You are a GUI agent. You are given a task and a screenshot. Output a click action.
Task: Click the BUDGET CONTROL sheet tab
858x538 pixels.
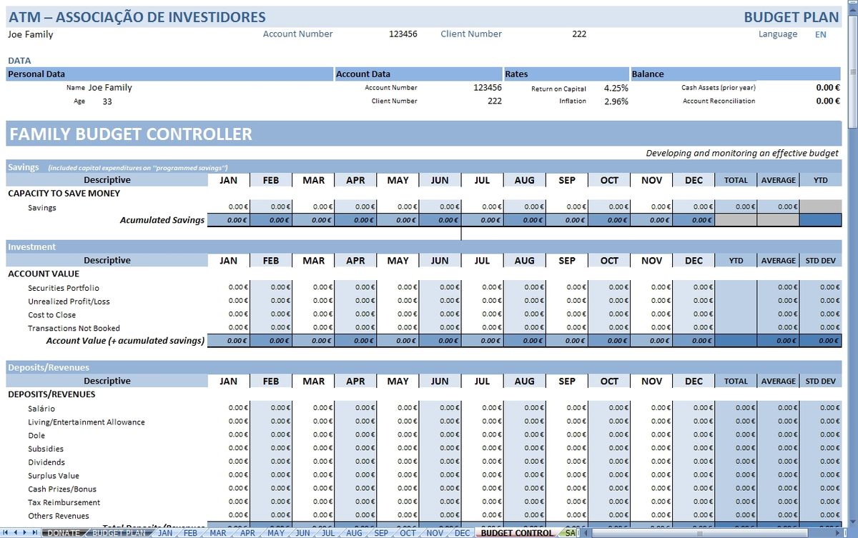click(x=516, y=533)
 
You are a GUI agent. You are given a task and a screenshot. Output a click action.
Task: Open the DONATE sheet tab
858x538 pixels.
click(x=64, y=533)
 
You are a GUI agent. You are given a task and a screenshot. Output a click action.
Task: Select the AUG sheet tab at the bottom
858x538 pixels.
click(x=354, y=533)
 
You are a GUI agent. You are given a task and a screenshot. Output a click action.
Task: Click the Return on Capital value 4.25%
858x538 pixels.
click(x=616, y=88)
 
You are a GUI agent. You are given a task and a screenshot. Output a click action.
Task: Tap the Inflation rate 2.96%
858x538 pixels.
click(x=616, y=101)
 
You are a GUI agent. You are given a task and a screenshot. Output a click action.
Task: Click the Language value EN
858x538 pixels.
click(x=820, y=34)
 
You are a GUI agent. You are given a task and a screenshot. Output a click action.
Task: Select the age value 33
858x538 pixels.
click(x=107, y=101)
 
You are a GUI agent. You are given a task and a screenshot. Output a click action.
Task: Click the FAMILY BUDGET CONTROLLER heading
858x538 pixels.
click(x=131, y=134)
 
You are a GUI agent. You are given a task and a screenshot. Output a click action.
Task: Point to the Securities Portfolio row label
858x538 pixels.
click(x=64, y=288)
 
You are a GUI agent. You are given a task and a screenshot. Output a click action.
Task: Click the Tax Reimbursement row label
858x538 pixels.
click(x=64, y=502)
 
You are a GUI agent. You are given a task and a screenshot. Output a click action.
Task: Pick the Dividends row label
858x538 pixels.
click(x=47, y=462)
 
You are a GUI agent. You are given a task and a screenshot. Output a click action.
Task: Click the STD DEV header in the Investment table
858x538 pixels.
click(x=820, y=261)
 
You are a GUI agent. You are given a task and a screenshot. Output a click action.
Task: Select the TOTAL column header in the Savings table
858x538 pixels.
click(x=736, y=181)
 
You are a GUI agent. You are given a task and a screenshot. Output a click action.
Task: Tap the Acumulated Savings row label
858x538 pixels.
click(x=162, y=220)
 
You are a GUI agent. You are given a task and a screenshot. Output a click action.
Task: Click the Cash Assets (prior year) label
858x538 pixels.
click(x=718, y=88)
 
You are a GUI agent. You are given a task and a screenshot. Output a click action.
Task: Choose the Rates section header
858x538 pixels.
click(x=516, y=74)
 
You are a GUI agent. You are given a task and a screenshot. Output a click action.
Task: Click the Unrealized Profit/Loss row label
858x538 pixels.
click(x=69, y=302)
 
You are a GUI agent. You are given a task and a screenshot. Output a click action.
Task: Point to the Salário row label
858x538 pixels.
click(x=41, y=409)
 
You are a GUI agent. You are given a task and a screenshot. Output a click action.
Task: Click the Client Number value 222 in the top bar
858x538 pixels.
click(x=580, y=34)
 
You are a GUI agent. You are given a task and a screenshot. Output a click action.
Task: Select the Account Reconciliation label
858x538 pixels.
click(x=719, y=101)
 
